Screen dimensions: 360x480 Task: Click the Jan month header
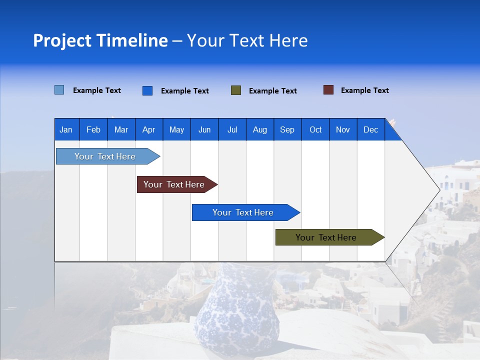(x=66, y=129)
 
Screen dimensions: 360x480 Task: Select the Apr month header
(x=149, y=129)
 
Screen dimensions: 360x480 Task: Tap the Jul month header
(x=232, y=129)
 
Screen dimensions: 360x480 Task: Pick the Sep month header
(x=287, y=129)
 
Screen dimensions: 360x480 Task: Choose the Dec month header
(x=370, y=129)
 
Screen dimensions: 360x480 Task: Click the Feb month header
(x=93, y=129)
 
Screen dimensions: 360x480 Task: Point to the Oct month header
(x=315, y=129)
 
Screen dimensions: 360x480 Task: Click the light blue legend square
(x=59, y=90)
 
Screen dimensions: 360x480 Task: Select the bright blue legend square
(x=147, y=90)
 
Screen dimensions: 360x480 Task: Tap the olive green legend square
(x=236, y=90)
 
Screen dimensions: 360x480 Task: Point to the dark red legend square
(x=328, y=90)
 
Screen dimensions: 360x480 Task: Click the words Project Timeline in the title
(x=100, y=40)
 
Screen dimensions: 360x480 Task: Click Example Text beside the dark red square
(x=364, y=90)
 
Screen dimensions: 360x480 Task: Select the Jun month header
(x=204, y=129)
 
